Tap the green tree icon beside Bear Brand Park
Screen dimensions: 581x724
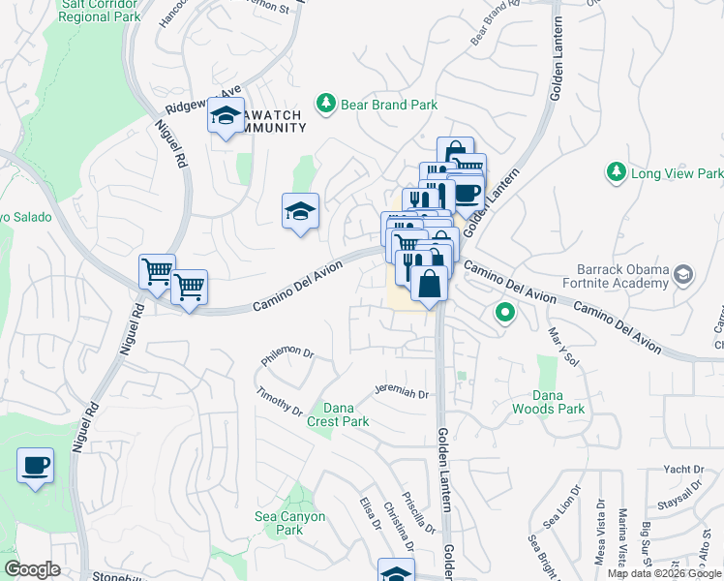click(x=326, y=103)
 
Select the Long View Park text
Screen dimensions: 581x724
click(x=677, y=173)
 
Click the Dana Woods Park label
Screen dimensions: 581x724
click(x=558, y=402)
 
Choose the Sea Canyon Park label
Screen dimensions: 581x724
click(x=289, y=523)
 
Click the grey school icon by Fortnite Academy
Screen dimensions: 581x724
click(x=685, y=276)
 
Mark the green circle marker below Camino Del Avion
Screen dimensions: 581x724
click(x=503, y=313)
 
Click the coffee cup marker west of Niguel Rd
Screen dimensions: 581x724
click(x=35, y=466)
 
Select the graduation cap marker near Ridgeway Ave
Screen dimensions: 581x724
click(x=226, y=117)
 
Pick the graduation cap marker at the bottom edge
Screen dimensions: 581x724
click(x=396, y=572)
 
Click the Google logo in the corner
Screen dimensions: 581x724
click(x=31, y=569)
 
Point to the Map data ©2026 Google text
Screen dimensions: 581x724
click(x=664, y=573)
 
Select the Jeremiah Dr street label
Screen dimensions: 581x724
click(x=402, y=390)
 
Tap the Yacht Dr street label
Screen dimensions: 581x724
click(x=683, y=470)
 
